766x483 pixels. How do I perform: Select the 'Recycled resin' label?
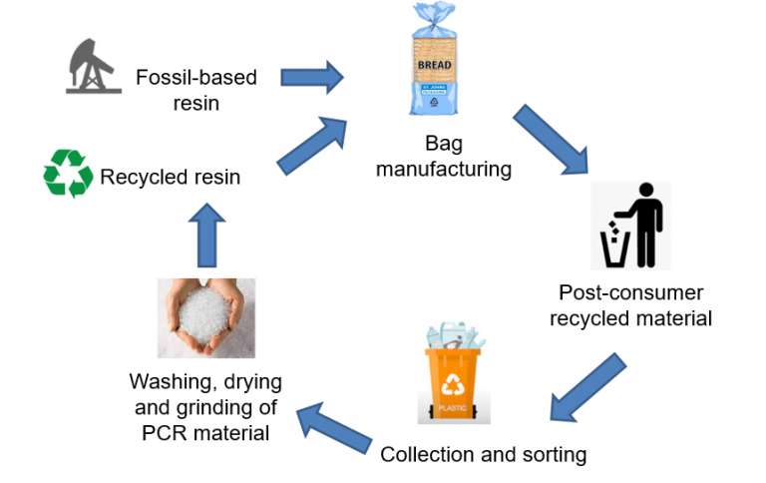[x=170, y=178]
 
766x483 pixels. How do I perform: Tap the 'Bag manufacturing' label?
[x=443, y=158]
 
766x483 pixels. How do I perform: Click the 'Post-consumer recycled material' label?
[x=631, y=305]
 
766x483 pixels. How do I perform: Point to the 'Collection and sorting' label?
[x=483, y=455]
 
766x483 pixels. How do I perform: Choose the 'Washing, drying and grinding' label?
[x=205, y=407]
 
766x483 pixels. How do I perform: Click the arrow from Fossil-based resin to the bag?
[x=311, y=76]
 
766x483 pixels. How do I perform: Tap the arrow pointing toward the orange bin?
[x=587, y=384]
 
